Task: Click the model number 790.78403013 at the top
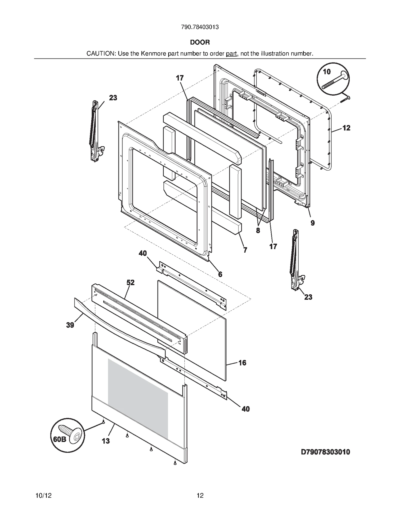click(200, 27)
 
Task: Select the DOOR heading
click(200, 42)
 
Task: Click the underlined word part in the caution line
click(231, 54)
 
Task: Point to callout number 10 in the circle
click(327, 72)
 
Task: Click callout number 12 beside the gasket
click(346, 128)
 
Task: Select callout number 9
click(312, 223)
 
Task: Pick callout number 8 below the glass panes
click(258, 230)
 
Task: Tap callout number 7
click(245, 250)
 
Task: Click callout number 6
click(220, 274)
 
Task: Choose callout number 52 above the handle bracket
click(130, 282)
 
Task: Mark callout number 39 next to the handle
click(70, 325)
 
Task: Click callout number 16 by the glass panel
click(242, 363)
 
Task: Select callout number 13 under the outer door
click(106, 441)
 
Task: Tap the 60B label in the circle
click(59, 439)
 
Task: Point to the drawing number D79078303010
click(325, 452)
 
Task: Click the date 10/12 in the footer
click(44, 495)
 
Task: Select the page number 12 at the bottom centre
click(200, 495)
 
